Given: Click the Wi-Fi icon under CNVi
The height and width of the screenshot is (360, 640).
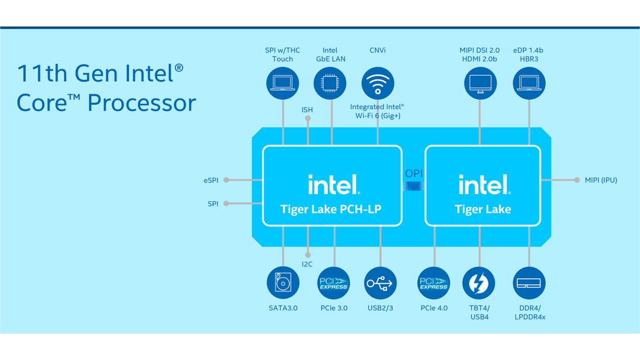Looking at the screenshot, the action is tap(377, 83).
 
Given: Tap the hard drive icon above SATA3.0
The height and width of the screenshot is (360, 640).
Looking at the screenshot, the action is tap(283, 283).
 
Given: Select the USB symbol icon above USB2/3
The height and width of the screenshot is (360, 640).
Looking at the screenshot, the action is tap(380, 283).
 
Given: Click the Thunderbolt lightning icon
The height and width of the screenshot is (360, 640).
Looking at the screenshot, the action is tap(479, 283).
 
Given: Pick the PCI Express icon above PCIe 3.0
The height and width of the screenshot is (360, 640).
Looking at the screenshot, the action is tap(334, 283).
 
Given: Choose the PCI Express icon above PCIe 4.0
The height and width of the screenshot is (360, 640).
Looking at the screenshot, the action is tap(433, 283).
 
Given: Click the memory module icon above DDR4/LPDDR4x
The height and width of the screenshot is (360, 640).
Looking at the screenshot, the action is tap(529, 283).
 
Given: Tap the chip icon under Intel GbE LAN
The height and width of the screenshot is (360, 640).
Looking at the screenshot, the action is tap(330, 83).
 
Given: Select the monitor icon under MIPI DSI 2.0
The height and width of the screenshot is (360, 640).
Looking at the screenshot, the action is tap(481, 83).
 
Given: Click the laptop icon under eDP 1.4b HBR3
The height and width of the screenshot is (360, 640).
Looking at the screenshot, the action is tap(529, 83).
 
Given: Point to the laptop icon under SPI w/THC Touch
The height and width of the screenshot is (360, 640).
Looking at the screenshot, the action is tap(282, 83).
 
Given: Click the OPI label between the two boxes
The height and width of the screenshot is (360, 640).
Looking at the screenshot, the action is tap(414, 174).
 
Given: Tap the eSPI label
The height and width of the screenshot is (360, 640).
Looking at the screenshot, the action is tap(211, 180).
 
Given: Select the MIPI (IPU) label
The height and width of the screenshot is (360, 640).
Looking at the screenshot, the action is tap(601, 180).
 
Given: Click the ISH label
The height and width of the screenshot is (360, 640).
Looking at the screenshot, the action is tap(307, 110).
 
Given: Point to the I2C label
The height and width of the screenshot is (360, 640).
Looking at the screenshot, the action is tap(307, 264).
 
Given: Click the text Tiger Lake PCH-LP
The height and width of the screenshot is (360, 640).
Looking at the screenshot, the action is tap(331, 210).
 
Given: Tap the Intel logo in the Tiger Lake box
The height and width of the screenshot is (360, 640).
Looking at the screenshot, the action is tap(485, 184).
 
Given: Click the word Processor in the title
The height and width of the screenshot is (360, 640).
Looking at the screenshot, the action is tap(141, 103).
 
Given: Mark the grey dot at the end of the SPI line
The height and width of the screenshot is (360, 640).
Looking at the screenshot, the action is tap(226, 203).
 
